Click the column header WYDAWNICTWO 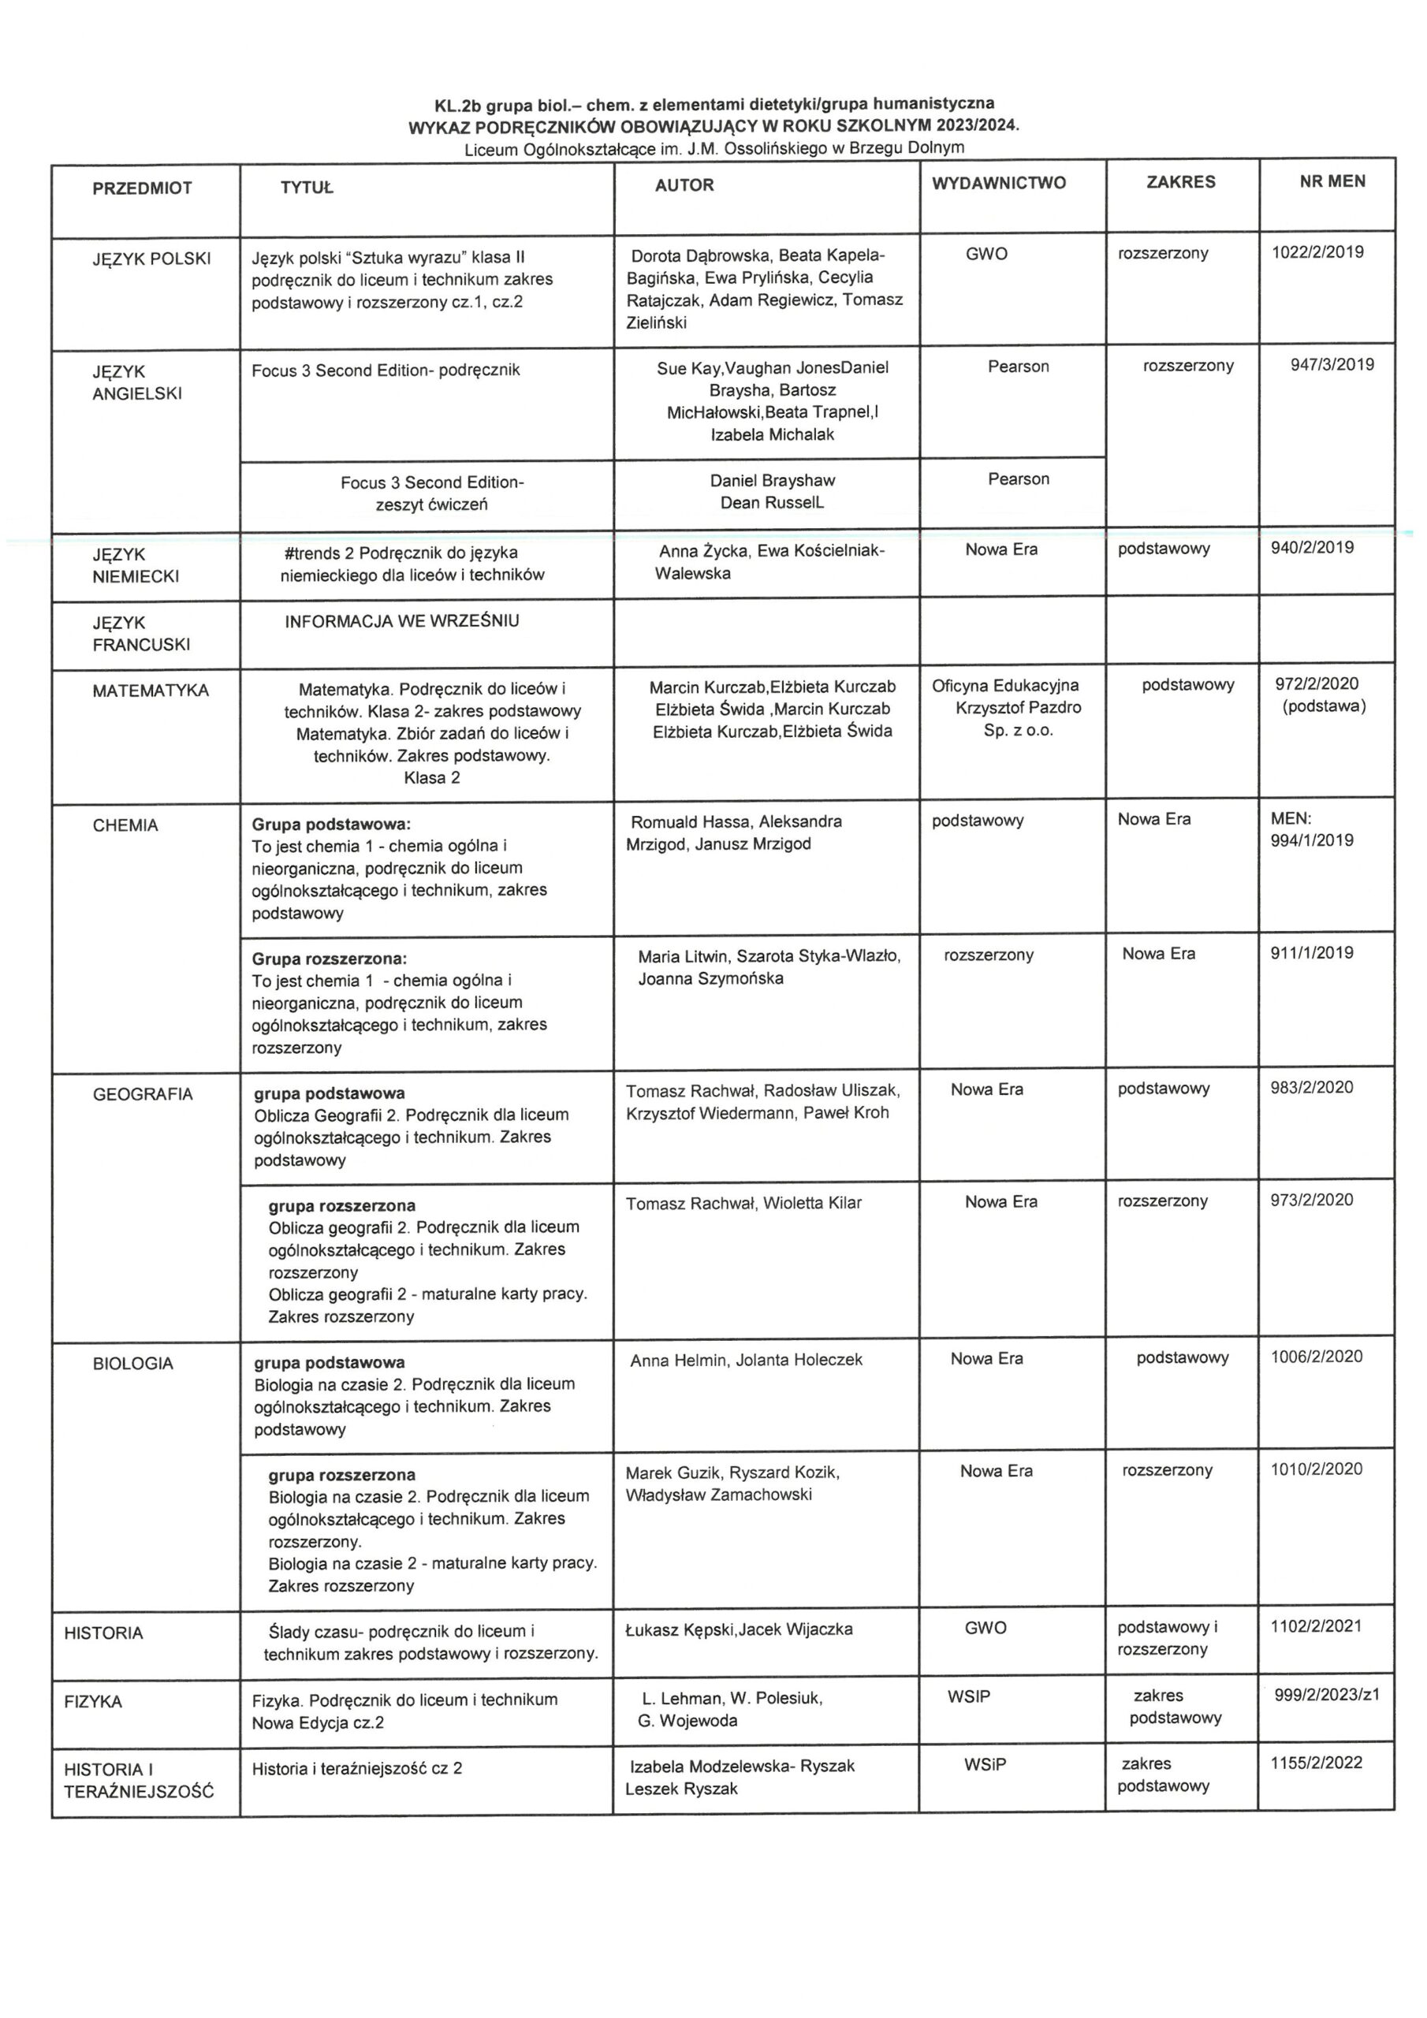(x=999, y=183)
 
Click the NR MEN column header (x=1332, y=181)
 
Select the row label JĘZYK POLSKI (x=151, y=259)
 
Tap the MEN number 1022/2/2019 (x=1317, y=252)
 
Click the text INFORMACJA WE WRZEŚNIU (x=402, y=621)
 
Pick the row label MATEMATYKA (x=151, y=691)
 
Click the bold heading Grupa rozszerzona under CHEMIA (x=330, y=958)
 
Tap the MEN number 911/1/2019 (x=1312, y=953)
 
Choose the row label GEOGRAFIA (x=143, y=1094)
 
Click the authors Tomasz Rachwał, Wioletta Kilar (x=743, y=1203)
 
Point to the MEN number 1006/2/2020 (x=1316, y=1357)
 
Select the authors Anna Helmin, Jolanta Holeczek (x=746, y=1361)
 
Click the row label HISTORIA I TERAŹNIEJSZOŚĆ (x=139, y=1780)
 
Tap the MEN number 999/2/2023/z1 (x=1327, y=1695)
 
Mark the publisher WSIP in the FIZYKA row (x=968, y=1696)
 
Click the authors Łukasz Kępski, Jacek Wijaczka (x=739, y=1629)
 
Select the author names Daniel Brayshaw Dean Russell (x=772, y=491)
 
